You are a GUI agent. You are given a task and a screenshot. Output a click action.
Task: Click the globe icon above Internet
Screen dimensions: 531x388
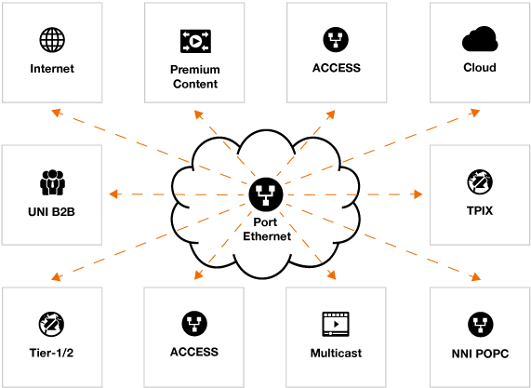[52, 40]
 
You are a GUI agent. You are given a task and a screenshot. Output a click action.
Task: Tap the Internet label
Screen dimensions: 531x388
[52, 69]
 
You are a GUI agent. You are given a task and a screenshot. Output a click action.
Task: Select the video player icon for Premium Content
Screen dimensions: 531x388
[195, 41]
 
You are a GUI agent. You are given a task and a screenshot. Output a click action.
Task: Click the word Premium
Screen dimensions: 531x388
[195, 70]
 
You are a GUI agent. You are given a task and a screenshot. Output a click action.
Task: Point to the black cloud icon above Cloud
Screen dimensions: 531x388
[480, 39]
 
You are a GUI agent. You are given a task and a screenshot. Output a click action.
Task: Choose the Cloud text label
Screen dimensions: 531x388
[480, 67]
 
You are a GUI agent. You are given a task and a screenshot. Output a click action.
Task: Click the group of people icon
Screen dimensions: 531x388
[52, 182]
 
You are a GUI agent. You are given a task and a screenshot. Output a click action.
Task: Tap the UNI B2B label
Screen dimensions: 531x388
[51, 212]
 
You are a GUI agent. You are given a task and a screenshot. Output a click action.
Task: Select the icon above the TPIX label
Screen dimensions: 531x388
[480, 182]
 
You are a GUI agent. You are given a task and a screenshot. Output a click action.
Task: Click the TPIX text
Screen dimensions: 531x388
[480, 211]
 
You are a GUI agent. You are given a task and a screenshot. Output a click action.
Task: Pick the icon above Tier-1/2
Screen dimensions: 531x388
[51, 325]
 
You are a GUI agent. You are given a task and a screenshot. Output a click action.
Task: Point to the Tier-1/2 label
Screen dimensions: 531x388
[51, 353]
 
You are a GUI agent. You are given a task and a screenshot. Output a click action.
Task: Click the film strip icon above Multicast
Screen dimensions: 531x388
[336, 324]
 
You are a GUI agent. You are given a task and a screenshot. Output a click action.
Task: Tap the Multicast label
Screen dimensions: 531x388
[336, 353]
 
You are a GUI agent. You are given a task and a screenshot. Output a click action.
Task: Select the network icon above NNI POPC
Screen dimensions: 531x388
[480, 325]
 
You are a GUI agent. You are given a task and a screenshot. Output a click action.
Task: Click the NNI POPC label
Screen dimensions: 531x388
[480, 354]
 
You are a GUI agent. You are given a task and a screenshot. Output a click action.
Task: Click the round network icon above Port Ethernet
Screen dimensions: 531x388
[266, 194]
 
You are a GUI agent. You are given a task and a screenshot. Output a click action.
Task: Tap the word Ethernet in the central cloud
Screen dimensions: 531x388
[267, 236]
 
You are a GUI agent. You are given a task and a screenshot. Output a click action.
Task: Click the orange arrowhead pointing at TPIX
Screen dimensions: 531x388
[418, 194]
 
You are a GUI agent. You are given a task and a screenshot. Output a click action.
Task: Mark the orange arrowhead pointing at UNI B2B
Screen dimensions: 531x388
[113, 194]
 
